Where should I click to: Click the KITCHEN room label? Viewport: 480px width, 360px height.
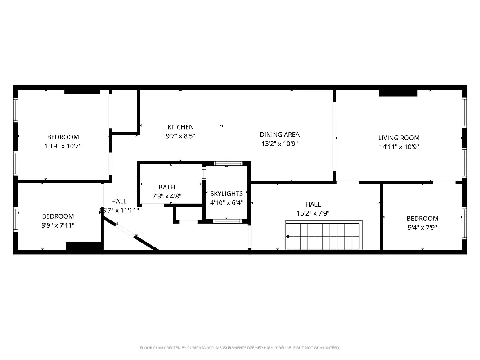tap(180, 127)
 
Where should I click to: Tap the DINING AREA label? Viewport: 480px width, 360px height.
tap(279, 135)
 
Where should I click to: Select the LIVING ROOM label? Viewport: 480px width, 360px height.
tap(399, 138)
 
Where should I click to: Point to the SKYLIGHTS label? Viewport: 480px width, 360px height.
tap(226, 193)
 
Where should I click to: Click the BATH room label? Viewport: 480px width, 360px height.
tap(166, 187)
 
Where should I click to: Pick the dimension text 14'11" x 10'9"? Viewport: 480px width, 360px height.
tap(399, 147)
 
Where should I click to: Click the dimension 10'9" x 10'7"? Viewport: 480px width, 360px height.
tap(63, 146)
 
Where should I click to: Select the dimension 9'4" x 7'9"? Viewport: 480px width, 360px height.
tap(422, 227)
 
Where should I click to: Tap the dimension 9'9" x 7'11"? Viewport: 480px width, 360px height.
tap(58, 225)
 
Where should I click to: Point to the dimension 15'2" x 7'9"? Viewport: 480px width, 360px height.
tap(313, 213)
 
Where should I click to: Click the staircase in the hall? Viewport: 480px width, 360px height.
tap(324, 235)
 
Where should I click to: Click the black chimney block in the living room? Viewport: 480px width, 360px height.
tap(398, 93)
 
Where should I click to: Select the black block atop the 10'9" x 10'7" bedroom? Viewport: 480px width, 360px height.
tap(82, 92)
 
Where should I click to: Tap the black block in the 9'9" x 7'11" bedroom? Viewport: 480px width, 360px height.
tap(84, 246)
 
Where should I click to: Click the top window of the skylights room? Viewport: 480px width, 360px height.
tap(228, 163)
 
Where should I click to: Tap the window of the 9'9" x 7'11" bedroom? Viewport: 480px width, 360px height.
tap(16, 218)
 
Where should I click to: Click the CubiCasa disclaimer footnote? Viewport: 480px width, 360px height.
tap(240, 348)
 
